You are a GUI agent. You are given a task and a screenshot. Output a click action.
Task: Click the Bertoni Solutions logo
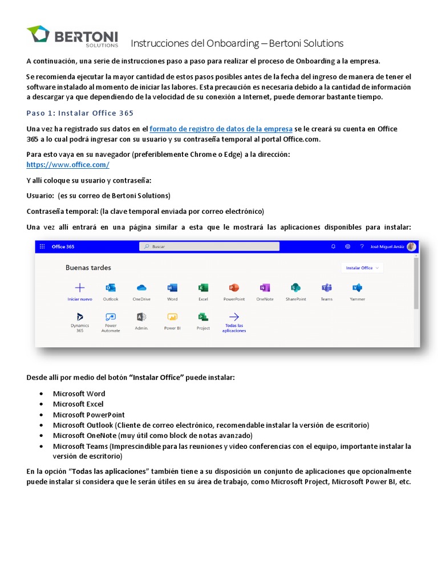72,36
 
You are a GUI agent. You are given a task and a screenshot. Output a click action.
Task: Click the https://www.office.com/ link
68,165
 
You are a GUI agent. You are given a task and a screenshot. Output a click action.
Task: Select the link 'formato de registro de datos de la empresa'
221,129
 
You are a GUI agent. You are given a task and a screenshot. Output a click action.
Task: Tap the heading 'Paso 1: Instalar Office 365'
80,113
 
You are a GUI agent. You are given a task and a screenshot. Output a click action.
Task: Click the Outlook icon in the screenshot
111,287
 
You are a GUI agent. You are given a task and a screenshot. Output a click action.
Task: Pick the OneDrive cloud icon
141,287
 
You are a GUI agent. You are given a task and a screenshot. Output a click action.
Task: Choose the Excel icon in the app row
203,287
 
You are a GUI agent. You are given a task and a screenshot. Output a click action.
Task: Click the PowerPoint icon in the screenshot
234,287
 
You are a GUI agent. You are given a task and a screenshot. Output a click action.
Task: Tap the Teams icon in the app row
326,287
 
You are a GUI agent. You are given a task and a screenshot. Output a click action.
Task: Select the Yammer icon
357,287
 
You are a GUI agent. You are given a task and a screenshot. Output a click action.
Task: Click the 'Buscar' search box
209,246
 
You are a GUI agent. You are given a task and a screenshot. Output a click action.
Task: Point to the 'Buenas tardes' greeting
88,267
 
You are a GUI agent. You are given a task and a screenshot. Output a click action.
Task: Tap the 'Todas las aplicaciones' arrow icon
234,317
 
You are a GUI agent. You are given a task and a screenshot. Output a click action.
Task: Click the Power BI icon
172,317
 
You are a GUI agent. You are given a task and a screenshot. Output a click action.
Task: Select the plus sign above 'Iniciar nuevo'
80,287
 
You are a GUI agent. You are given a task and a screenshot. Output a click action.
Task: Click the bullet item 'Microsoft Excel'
79,404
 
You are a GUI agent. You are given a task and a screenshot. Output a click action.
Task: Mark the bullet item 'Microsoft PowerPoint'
88,415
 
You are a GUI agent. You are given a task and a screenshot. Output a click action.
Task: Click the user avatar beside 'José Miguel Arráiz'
411,246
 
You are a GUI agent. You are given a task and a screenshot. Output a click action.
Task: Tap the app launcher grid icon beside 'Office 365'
42,246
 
